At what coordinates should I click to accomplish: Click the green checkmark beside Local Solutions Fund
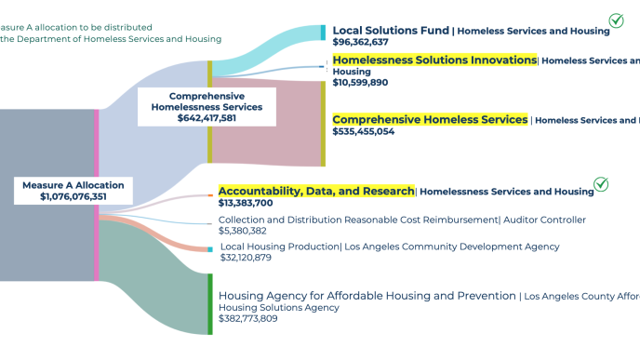coord(616,20)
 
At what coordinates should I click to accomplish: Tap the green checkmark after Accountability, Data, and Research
coord(601,184)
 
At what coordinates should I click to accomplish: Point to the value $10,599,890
coord(360,83)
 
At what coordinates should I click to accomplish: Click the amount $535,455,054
coord(364,132)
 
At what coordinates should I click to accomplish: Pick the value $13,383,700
coord(246,203)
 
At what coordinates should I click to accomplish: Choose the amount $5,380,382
coord(243,231)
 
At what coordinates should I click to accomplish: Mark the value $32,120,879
coord(247,258)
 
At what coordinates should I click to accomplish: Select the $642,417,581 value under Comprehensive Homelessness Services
coord(207,118)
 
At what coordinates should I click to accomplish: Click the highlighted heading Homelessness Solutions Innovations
coord(434,60)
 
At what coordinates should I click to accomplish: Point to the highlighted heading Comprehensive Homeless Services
coord(430,120)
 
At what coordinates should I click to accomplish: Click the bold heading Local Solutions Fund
coord(391,31)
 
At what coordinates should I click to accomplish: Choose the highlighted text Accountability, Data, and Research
coord(316,191)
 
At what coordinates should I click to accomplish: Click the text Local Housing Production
coord(279,247)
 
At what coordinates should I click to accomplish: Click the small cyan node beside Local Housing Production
coord(210,249)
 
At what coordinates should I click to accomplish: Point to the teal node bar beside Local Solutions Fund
coord(323,33)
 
